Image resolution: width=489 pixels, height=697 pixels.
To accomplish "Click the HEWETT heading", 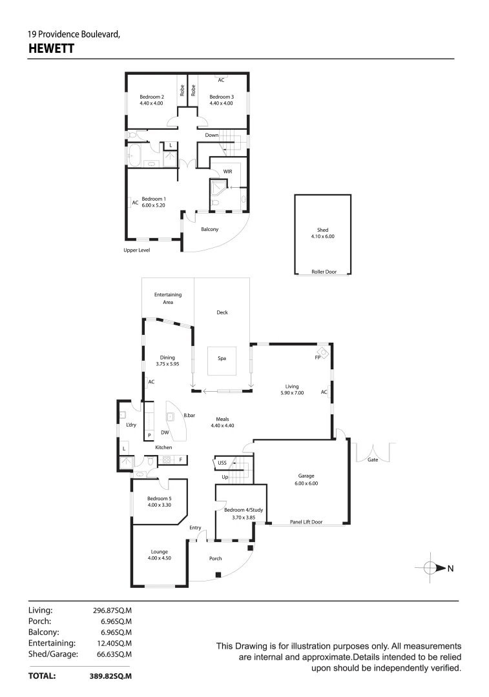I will (51, 48).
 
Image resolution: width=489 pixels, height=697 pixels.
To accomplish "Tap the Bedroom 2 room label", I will (151, 97).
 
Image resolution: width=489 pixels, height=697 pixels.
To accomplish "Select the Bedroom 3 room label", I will (221, 97).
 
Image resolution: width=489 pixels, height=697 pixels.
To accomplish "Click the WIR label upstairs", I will (227, 172).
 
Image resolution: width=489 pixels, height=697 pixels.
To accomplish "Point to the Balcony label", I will (209, 229).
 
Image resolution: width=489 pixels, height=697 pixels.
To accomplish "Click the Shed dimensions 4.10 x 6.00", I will (322, 236).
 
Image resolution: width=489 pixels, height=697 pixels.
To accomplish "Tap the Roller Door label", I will (324, 272).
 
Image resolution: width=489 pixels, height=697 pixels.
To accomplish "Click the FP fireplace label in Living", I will (318, 356).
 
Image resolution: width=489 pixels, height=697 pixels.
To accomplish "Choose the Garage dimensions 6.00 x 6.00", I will (306, 483).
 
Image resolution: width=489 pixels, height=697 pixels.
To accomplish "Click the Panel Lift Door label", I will (306, 522).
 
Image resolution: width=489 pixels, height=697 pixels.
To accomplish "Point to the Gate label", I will (372, 460).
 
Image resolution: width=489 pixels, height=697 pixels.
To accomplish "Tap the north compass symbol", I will (433, 568).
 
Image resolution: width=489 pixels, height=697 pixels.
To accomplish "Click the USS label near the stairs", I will (221, 462).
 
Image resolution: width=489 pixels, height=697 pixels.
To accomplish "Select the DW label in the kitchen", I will (165, 432).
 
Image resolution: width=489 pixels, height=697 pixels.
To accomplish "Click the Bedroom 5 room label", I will (159, 498).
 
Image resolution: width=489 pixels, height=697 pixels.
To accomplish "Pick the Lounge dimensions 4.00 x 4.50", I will (160, 558).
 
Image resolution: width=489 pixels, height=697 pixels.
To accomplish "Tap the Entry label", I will (195, 528).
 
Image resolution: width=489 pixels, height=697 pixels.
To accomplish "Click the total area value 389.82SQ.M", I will (110, 676).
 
